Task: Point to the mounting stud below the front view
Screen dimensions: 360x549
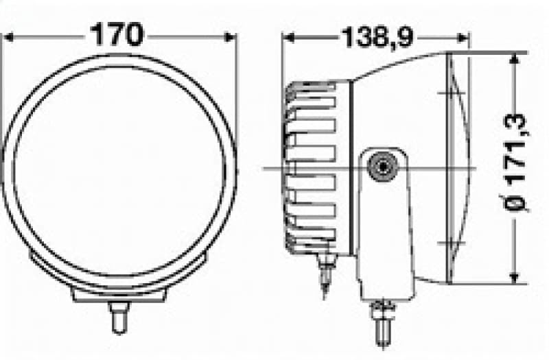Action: click(x=117, y=317)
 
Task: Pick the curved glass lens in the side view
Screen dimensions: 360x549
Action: click(x=458, y=168)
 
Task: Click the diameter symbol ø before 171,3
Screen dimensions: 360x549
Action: click(x=516, y=205)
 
